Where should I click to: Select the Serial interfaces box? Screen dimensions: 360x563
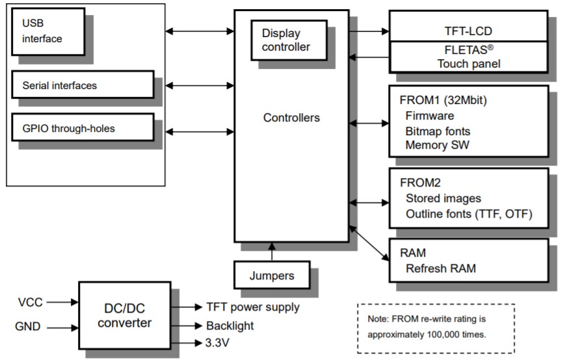click(82, 85)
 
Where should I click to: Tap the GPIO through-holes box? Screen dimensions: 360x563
click(82, 128)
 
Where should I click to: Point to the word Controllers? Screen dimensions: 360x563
click(291, 118)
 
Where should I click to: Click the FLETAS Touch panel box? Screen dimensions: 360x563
click(467, 57)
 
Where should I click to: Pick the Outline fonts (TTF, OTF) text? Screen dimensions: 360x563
click(468, 214)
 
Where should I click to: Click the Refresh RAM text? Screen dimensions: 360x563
click(439, 268)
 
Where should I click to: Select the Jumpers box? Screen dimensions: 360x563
click(272, 276)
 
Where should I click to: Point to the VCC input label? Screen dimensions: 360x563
click(31, 302)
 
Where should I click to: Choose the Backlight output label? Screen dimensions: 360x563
click(230, 326)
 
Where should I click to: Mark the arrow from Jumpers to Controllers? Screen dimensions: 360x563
click(272, 251)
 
